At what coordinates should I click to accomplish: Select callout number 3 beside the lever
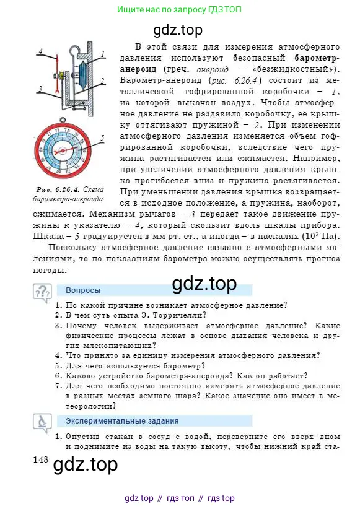coord(40,89)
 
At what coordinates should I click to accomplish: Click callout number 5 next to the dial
coord(102,137)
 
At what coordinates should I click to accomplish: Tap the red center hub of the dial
coord(64,151)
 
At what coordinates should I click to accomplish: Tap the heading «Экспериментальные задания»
coord(113,421)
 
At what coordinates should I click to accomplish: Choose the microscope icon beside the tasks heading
coord(43,423)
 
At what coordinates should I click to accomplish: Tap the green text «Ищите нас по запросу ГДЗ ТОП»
coord(180,10)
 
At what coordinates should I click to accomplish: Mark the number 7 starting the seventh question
coord(58,386)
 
